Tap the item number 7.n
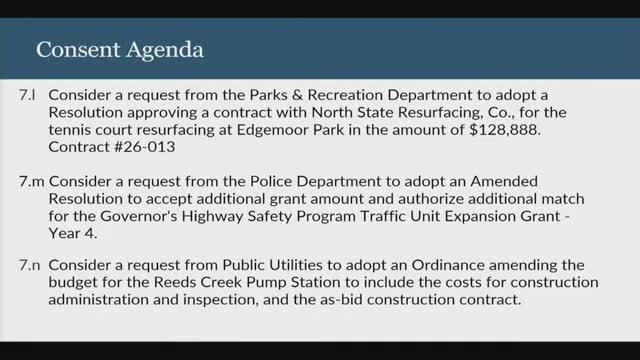pos(28,268)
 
